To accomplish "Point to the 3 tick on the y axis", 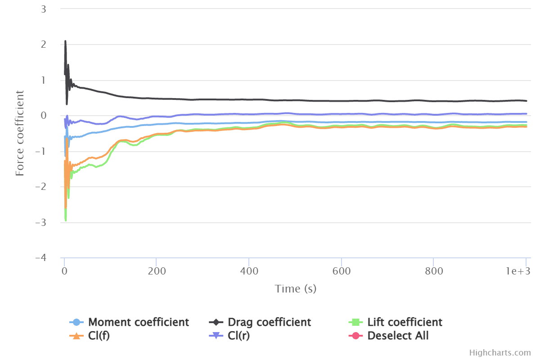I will pos(44,9).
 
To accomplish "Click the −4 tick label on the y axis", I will pos(40,258).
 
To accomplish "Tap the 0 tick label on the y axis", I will pos(44,116).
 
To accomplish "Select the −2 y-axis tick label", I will pos(40,187).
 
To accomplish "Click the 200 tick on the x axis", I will pos(156,272).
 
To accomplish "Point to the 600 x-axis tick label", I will pos(342,272).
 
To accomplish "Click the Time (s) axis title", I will pos(296,288).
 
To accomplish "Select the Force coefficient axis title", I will pos(20,133).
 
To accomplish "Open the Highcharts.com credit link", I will pos(500,353).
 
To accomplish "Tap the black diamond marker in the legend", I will pos(216,322).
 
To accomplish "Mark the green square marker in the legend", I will pos(355,322).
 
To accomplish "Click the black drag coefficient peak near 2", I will pos(65,41).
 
